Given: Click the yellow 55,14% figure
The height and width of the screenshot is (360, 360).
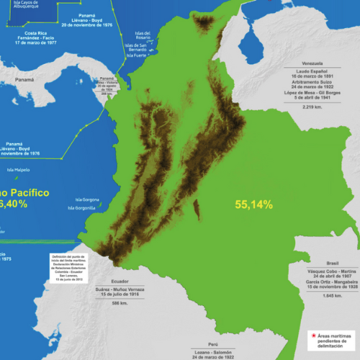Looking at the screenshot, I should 254,204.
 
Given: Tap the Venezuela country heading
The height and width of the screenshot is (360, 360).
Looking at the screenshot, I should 312,63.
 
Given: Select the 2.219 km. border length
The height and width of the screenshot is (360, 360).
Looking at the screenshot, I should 312,107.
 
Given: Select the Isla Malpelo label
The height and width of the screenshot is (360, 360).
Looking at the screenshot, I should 18,171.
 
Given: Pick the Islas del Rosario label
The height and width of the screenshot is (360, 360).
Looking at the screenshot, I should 143,35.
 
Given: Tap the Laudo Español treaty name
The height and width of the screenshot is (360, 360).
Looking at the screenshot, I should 312,71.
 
